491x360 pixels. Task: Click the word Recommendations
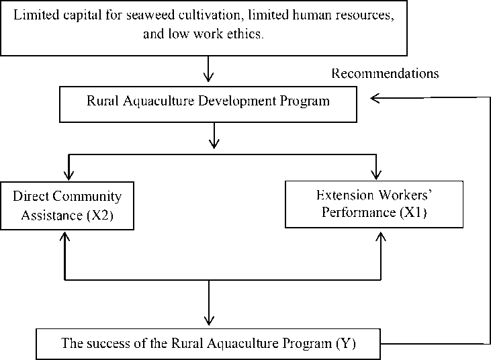click(x=385, y=73)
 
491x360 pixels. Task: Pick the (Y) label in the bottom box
click(x=346, y=343)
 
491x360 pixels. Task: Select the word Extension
click(x=345, y=195)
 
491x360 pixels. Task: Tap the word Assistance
click(x=52, y=216)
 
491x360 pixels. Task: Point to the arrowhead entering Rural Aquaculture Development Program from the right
click(x=375, y=98)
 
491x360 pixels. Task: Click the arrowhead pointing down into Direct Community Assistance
click(x=69, y=175)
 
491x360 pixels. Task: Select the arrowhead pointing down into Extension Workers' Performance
click(x=376, y=175)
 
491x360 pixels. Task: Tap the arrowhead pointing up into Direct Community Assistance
click(x=64, y=236)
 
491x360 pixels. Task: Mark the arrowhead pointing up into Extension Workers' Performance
click(x=381, y=236)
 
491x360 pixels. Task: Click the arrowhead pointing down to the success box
click(x=209, y=320)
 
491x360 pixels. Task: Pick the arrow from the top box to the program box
click(x=208, y=69)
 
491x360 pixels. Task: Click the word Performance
click(x=359, y=212)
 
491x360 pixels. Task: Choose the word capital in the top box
click(x=83, y=15)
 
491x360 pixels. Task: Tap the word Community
click(x=87, y=197)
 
